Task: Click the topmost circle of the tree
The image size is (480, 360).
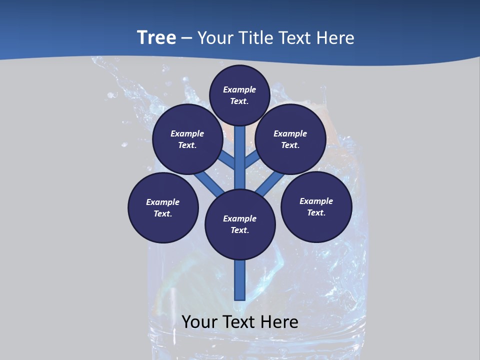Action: point(239,95)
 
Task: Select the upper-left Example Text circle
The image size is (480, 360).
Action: point(187,139)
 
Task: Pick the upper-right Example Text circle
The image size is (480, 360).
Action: point(290,139)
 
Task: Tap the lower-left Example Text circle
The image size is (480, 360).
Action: point(163,207)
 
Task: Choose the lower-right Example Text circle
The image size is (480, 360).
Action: point(316,206)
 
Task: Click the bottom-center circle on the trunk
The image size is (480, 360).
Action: point(240,224)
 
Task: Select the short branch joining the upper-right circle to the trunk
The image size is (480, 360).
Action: point(252,159)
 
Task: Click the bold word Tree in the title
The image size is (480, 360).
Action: point(156,37)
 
